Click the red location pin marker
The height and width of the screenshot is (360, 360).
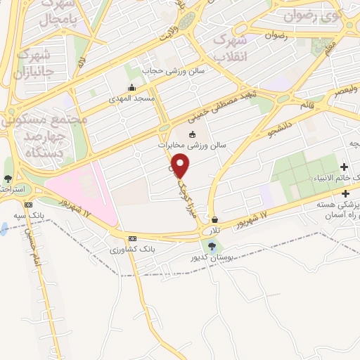(x=181, y=165)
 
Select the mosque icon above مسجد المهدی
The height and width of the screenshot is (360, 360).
(x=131, y=89)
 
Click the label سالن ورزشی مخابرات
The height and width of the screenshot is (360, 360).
(x=192, y=145)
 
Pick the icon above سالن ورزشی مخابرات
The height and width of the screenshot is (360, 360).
(x=193, y=134)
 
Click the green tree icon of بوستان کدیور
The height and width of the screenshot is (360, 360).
(x=212, y=245)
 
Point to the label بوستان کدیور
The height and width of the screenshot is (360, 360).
(x=212, y=257)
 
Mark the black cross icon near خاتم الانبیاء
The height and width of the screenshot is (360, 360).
(x=344, y=167)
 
